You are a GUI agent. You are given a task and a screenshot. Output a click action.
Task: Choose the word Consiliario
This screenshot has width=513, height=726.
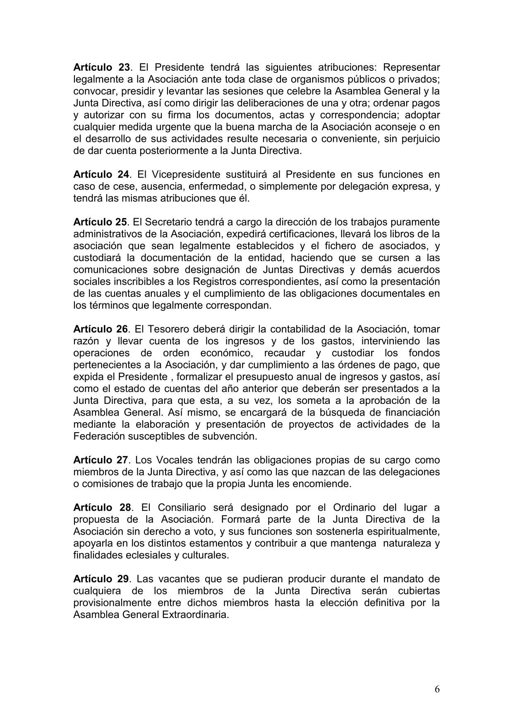(x=174, y=507)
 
